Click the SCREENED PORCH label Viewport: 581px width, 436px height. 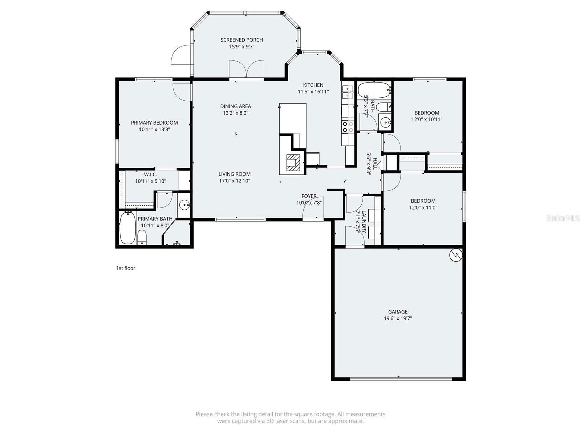[x=241, y=40]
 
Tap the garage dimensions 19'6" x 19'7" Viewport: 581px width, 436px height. [x=398, y=319]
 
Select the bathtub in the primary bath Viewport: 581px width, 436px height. [x=127, y=228]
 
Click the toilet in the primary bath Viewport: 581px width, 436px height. [x=142, y=238]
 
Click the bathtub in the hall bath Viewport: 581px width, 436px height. [x=374, y=90]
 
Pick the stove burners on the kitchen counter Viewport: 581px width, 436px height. [x=348, y=126]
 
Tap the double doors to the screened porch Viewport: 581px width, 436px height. [x=247, y=69]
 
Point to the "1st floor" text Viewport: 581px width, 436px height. [x=126, y=268]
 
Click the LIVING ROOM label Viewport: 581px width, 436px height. [x=235, y=174]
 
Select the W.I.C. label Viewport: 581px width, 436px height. [x=150, y=174]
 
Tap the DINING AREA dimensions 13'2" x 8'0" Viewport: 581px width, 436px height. [x=235, y=113]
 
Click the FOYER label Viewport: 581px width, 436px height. [x=309, y=196]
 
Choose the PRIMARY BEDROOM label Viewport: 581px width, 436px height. [x=154, y=123]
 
